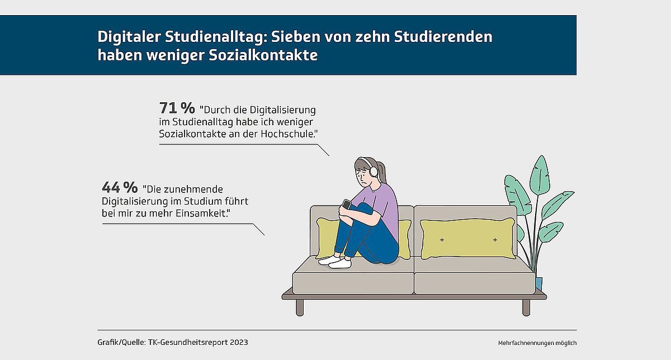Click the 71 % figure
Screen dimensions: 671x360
click(177, 108)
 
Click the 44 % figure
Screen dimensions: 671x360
click(120, 187)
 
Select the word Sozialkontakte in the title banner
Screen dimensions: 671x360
click(263, 55)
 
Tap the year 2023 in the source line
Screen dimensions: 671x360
click(239, 342)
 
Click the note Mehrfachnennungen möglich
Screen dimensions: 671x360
click(537, 343)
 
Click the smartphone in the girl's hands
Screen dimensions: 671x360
click(347, 204)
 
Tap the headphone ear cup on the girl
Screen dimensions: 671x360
click(374, 172)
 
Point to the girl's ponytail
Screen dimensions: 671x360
click(382, 172)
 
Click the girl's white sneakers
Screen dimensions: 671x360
click(335, 262)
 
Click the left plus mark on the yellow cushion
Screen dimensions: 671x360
click(442, 240)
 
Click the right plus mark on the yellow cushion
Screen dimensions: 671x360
click(495, 240)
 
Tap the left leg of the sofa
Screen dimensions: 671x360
click(300, 307)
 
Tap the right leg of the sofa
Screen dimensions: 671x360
click(526, 307)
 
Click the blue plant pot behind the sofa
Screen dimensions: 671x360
click(538, 283)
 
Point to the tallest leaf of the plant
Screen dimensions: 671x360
click(540, 175)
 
